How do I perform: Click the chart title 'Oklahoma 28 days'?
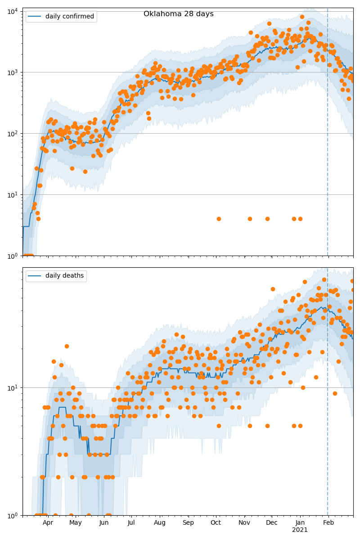pos(178,14)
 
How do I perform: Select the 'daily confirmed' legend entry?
pos(69,17)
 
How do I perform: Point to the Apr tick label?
pos(48,522)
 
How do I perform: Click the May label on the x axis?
pos(76,522)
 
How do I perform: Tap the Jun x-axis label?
pos(104,522)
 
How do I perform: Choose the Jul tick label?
pos(131,522)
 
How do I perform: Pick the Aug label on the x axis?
pos(160,522)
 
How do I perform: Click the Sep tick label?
pos(188,522)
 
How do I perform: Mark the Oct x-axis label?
pos(216,522)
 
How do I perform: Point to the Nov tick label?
pos(244,522)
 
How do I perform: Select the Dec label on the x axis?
pos(272,522)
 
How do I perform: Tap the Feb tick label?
pos(328,522)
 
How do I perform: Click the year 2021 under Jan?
pos(300,530)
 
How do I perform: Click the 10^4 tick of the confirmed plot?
pos(12,11)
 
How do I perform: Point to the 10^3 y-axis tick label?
pos(12,72)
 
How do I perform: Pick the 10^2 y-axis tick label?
pos(12,133)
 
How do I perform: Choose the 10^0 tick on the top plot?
pos(12,256)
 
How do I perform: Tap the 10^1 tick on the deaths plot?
pos(12,387)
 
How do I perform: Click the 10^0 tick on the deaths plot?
pos(12,515)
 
